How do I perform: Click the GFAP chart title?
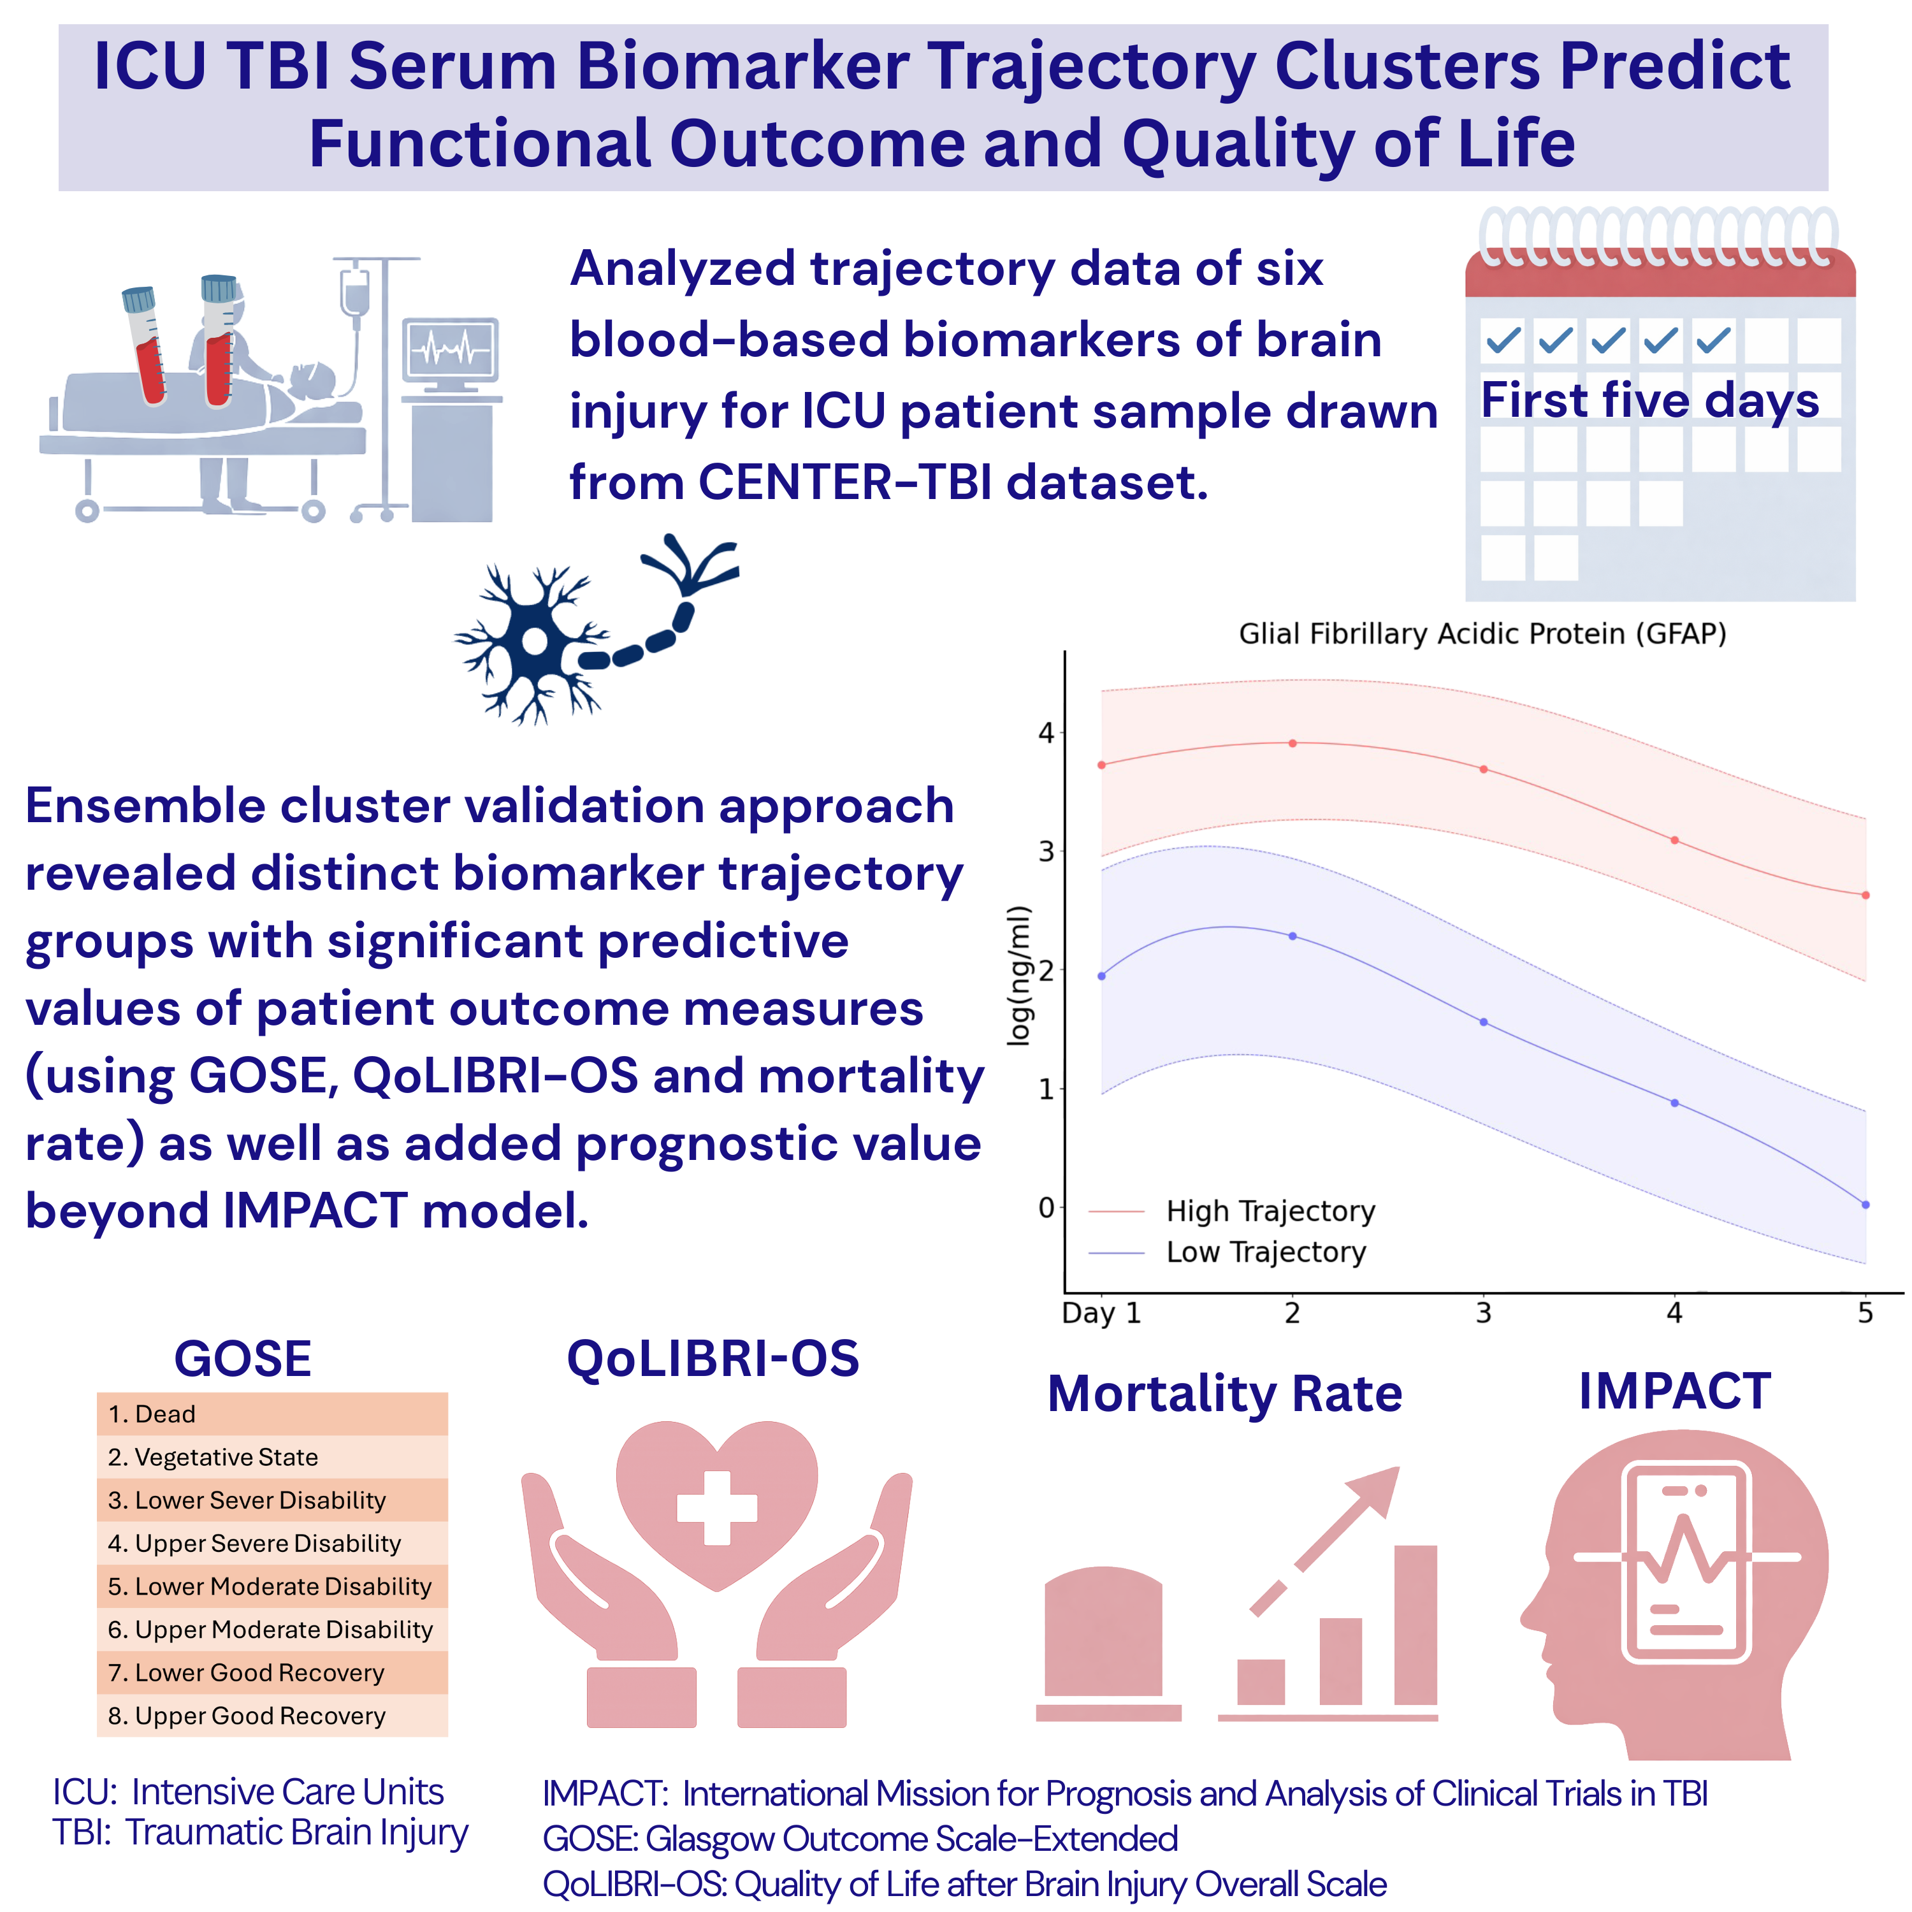click(x=1482, y=634)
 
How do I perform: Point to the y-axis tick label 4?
click(x=1046, y=734)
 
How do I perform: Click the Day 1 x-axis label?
click(x=1101, y=1314)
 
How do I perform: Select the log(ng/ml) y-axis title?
click(x=1018, y=975)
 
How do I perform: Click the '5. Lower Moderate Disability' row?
click(x=272, y=1586)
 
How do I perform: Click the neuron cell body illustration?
click(x=535, y=641)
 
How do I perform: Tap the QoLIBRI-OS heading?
click(x=713, y=1359)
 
